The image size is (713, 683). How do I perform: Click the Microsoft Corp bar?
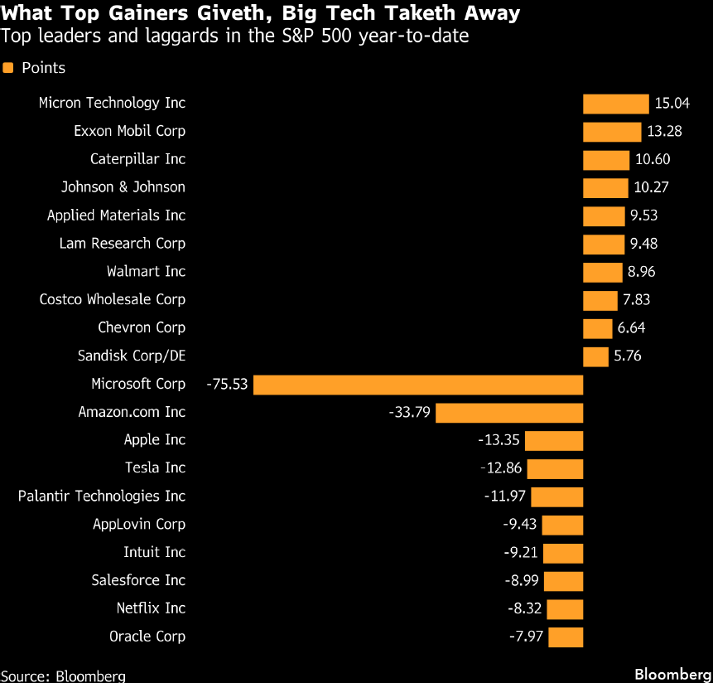coord(418,385)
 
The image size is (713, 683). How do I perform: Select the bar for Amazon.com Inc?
coord(509,412)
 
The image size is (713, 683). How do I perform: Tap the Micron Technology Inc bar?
coord(615,104)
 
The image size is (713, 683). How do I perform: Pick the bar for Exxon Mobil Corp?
coord(612,132)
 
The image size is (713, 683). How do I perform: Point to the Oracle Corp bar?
coord(566,637)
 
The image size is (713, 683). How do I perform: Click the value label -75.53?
coord(229,385)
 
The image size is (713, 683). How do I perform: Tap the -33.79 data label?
coord(409,412)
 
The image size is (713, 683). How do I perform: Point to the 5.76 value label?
coord(628,356)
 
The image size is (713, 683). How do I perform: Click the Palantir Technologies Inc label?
coord(102,497)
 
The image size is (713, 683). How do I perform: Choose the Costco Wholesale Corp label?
coord(113,299)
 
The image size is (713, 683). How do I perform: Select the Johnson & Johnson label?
coord(123,187)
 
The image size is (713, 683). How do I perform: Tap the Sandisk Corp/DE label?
coord(132,356)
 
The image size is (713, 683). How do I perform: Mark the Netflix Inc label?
coord(151,608)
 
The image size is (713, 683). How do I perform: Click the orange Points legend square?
coord(8,68)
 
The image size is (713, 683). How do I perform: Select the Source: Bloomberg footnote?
coord(63,676)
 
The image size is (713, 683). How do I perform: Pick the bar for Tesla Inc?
coord(555,468)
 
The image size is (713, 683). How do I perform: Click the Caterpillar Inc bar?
coord(606,160)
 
